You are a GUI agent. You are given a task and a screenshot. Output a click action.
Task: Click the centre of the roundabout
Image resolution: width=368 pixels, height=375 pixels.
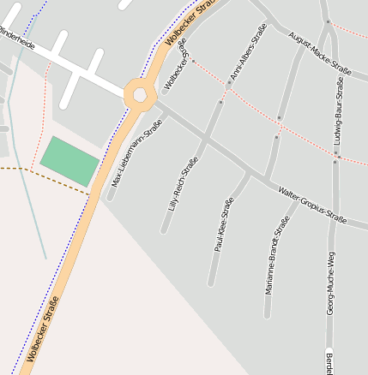(137, 95)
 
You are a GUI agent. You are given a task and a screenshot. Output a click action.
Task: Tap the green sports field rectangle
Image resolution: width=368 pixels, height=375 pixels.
(69, 160)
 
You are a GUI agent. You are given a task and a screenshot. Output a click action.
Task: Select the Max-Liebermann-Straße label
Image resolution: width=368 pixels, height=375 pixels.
(137, 154)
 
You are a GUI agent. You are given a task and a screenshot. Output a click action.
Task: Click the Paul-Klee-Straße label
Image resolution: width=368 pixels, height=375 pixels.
(224, 224)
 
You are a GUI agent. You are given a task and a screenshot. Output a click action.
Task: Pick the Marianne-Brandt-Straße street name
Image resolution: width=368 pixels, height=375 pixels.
(277, 254)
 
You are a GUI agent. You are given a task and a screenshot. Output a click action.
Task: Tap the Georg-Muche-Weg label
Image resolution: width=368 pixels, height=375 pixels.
(331, 283)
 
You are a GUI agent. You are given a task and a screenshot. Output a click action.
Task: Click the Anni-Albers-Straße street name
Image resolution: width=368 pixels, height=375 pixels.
(248, 53)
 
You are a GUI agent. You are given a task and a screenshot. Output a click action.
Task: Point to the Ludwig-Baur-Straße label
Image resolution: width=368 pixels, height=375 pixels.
(340, 111)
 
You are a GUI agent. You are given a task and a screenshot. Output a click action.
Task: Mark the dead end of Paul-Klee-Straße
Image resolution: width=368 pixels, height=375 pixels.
(210, 284)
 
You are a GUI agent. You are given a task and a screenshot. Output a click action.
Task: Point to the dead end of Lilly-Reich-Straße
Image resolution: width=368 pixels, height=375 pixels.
(163, 231)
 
